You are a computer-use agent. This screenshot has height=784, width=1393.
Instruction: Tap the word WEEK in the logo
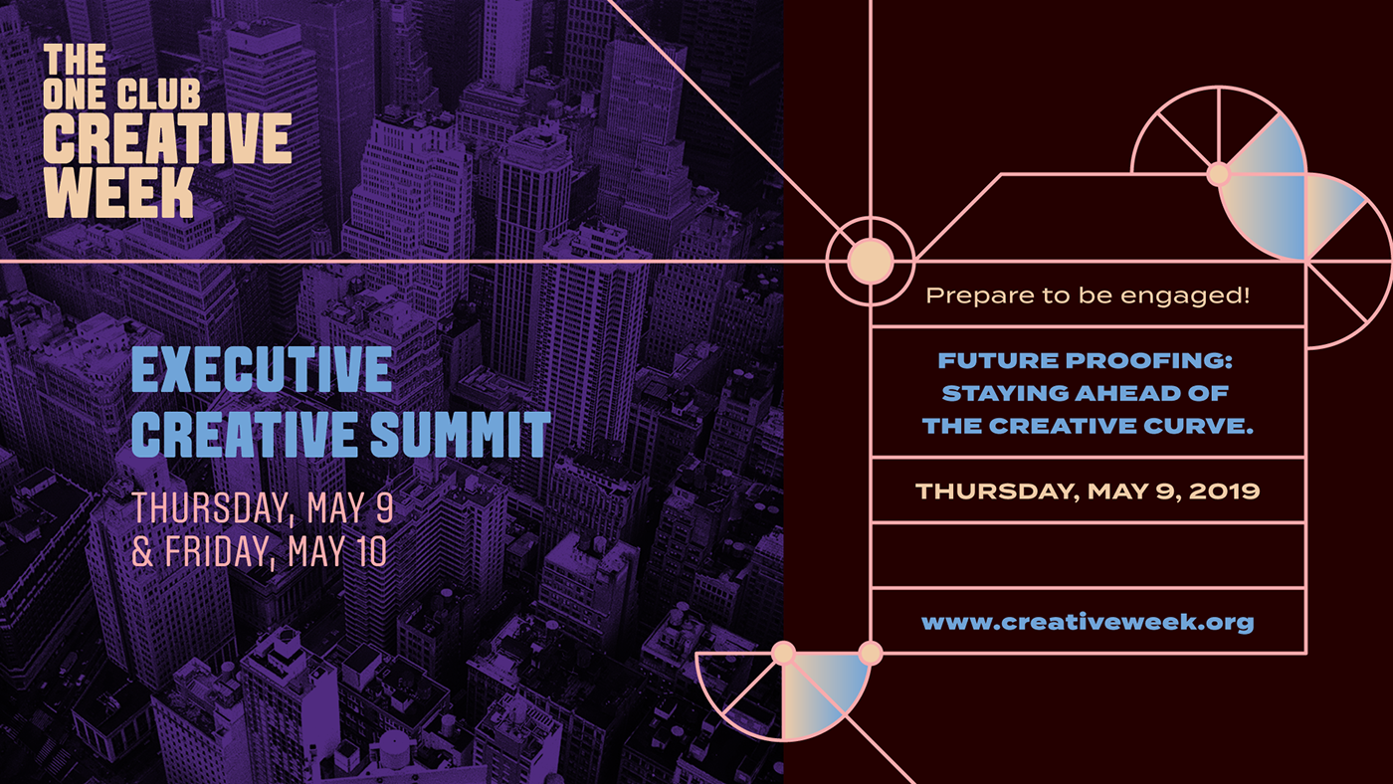tap(118, 193)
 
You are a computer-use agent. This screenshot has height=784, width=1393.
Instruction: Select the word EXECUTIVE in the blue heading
tap(262, 369)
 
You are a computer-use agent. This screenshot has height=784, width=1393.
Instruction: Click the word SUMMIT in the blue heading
tap(460, 434)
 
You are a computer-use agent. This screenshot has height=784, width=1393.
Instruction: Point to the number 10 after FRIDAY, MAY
tap(370, 551)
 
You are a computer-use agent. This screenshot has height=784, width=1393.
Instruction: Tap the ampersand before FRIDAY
tap(142, 552)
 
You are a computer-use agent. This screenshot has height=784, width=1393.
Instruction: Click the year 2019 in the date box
tap(1225, 491)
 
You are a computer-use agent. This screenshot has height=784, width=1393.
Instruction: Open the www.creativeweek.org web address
tap(1088, 623)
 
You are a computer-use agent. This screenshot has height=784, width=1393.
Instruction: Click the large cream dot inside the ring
tap(871, 261)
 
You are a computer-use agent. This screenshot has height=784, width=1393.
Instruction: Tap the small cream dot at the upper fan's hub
tap(1218, 174)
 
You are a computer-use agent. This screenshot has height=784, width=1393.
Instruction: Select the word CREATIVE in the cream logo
tap(167, 138)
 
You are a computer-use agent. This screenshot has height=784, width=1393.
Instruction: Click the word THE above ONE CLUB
tap(75, 59)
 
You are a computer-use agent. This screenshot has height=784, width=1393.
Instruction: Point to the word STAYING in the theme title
tap(1006, 394)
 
